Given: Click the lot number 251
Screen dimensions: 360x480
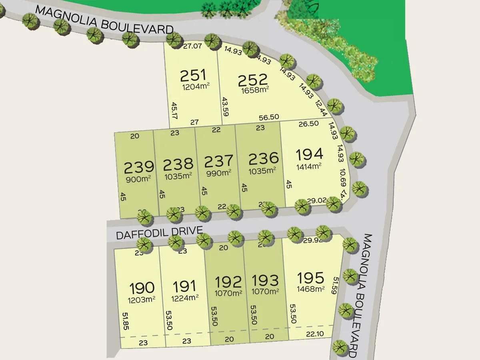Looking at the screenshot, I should click(x=193, y=75).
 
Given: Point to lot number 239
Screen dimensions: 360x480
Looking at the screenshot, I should click(x=139, y=166).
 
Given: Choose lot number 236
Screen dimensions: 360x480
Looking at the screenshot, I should click(x=263, y=158).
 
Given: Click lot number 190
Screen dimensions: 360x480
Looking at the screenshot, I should click(x=142, y=288).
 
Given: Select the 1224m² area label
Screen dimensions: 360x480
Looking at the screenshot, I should click(x=185, y=298).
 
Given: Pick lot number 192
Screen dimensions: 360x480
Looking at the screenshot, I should click(x=228, y=282).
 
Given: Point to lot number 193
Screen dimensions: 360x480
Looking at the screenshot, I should click(x=265, y=281).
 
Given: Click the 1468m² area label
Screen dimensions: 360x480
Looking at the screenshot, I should click(x=310, y=289).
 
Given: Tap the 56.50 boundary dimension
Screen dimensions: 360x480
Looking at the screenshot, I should click(x=269, y=117).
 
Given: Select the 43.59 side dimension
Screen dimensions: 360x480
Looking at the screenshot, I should click(x=225, y=106).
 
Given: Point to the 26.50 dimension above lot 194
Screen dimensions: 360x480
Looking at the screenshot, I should click(x=308, y=124).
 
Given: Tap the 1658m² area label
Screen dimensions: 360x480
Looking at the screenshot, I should click(x=255, y=90).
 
